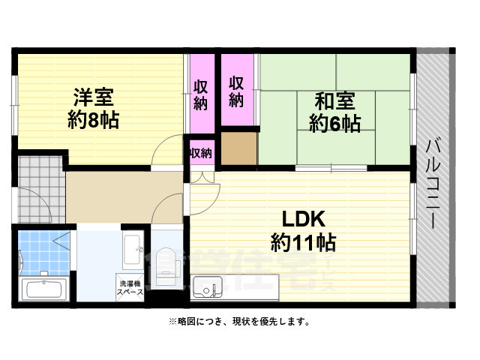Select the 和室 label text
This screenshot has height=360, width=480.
335,100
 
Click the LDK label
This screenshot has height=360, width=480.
303,219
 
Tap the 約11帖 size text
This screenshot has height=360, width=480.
303,242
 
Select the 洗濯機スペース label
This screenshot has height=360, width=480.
128,289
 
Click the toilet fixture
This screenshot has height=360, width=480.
166,266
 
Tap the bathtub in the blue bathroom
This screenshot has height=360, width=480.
45,289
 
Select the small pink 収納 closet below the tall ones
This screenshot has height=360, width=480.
200,153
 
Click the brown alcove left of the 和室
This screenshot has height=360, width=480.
239,149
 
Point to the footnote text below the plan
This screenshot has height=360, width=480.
238,322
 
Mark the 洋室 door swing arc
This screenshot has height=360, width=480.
166,154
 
